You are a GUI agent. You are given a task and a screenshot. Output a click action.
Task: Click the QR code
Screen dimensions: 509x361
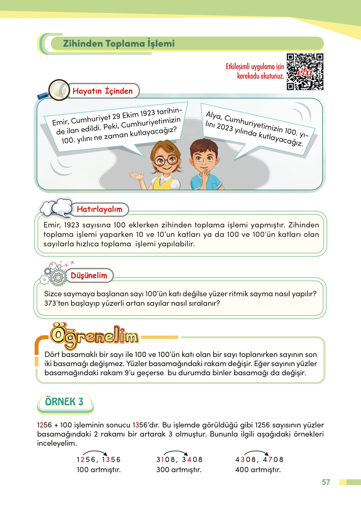click(x=305, y=72)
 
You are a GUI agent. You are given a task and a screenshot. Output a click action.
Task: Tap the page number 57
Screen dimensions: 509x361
click(x=326, y=482)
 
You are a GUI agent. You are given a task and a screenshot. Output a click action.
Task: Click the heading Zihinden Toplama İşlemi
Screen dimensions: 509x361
click(x=119, y=43)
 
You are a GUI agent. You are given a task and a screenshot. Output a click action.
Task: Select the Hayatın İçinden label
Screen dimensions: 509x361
click(x=102, y=91)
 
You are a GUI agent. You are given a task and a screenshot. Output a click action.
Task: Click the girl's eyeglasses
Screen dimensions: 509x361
click(x=166, y=160)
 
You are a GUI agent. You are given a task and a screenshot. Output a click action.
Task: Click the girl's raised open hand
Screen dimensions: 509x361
click(x=137, y=176)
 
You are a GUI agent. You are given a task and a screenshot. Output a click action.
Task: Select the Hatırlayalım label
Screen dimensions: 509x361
click(x=100, y=209)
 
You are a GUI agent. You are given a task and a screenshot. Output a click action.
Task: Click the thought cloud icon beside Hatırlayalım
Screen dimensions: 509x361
click(x=56, y=207)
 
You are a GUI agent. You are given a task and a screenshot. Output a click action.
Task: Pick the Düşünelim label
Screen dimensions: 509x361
click(x=89, y=276)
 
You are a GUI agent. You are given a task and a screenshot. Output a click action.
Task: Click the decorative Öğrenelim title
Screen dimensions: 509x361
click(x=94, y=336)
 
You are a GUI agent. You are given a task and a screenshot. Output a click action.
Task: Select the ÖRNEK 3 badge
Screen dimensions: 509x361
click(x=64, y=402)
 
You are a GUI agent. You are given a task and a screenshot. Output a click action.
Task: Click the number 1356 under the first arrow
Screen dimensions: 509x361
click(x=111, y=460)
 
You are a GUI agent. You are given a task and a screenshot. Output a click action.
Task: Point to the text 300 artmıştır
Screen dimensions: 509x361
click(x=179, y=470)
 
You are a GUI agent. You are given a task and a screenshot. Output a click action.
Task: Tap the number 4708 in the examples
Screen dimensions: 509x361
click(x=273, y=460)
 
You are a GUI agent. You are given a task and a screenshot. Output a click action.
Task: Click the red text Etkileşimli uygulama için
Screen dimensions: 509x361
click(x=255, y=67)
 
